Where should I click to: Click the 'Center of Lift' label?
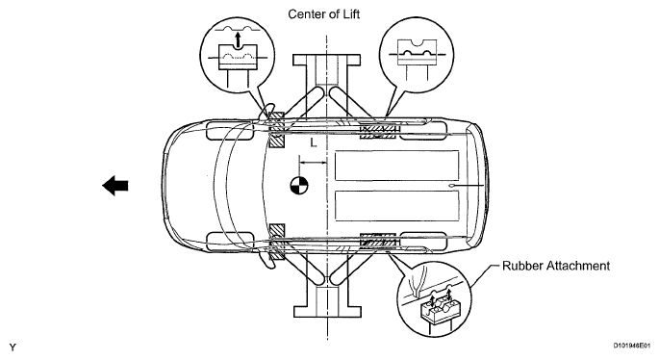[323, 14]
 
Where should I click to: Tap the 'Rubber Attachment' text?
[556, 266]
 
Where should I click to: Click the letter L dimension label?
[314, 143]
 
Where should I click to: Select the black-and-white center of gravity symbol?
[299, 186]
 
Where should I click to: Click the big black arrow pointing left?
[115, 186]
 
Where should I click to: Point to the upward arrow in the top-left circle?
[239, 40]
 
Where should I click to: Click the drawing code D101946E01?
[632, 346]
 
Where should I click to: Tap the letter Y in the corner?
[13, 347]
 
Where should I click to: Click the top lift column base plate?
[326, 60]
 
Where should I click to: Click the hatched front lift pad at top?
[276, 130]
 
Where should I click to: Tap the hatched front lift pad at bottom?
[276, 242]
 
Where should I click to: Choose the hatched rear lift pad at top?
[378, 131]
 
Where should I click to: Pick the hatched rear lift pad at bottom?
[378, 240]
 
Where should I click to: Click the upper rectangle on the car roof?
[396, 166]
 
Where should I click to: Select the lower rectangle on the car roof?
[396, 206]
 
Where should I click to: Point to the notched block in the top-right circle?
[417, 52]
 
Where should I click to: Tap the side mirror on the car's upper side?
[266, 112]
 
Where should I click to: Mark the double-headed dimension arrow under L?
[313, 162]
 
